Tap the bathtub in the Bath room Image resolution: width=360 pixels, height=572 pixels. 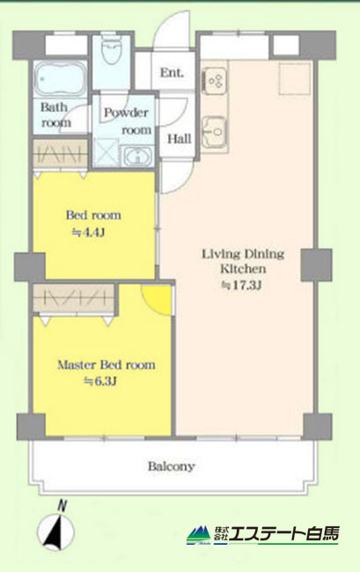coord(61,79)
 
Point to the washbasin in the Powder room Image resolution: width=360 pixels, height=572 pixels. coord(137,157)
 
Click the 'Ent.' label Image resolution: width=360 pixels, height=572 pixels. coord(172,72)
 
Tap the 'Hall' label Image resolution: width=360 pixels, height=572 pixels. coord(179,139)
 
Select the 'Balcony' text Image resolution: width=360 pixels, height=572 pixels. coord(171,466)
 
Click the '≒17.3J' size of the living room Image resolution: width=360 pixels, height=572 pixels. coord(242,285)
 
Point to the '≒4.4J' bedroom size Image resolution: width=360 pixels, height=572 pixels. coord(89,232)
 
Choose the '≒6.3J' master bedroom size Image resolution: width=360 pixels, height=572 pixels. coord(100,382)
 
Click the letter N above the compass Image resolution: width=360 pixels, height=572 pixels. coord(62,506)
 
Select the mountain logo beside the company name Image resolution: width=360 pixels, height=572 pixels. coord(199,535)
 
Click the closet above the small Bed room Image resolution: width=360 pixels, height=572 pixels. coord(60,154)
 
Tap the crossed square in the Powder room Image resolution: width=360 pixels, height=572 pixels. coord(106,153)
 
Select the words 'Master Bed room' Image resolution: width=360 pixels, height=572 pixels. coord(107,365)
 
